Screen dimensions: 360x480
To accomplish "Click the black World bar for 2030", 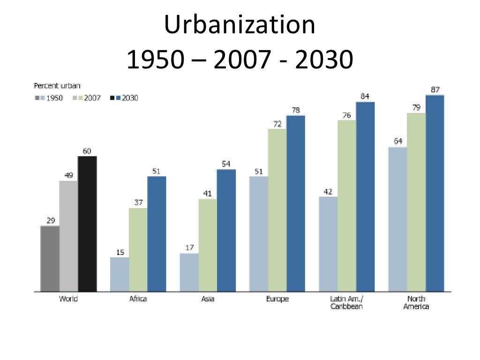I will (87, 224).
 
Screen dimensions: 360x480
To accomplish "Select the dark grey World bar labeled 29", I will (50, 258).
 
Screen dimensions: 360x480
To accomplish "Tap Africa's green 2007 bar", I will (138, 249).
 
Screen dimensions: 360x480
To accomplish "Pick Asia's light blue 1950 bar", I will (189, 272).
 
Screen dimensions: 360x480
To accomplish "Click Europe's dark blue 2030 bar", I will (296, 203).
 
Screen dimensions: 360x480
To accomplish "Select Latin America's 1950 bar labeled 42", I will (328, 244).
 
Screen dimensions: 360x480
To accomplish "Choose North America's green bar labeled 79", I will (416, 202).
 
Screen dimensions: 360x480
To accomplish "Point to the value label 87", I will (435, 90).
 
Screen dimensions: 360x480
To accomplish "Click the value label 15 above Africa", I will (120, 252).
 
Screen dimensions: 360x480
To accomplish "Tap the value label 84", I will (365, 97).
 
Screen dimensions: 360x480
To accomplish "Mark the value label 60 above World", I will (87, 151).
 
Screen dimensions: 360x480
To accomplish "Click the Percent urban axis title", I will (57, 86).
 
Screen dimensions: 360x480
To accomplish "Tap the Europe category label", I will (277, 299).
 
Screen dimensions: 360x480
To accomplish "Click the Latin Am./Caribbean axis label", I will (346, 303).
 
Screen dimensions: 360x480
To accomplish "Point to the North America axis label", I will (416, 303).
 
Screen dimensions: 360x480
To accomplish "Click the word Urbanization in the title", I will (240, 26).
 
